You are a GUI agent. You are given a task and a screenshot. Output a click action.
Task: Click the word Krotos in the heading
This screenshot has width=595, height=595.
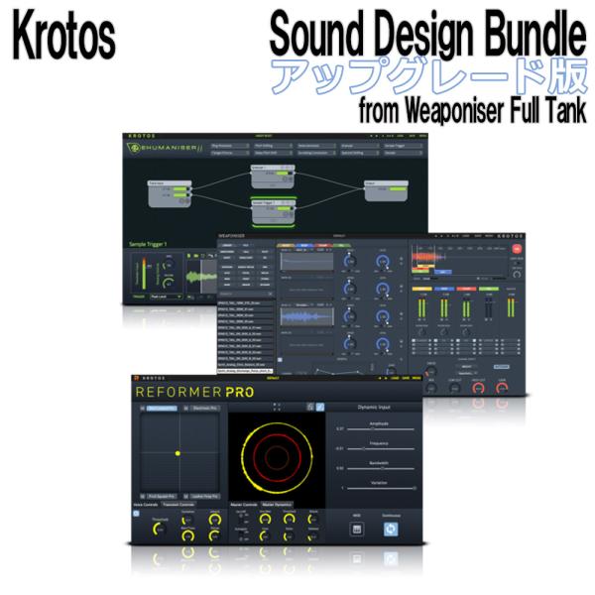[65, 37]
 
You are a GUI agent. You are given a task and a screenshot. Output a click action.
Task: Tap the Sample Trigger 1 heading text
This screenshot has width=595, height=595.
[151, 244]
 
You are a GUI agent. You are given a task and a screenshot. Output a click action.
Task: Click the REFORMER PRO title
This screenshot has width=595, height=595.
[194, 393]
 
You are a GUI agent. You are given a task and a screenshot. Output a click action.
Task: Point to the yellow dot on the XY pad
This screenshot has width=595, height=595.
[178, 453]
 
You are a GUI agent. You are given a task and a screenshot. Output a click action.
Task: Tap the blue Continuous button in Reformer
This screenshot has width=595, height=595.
[391, 529]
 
